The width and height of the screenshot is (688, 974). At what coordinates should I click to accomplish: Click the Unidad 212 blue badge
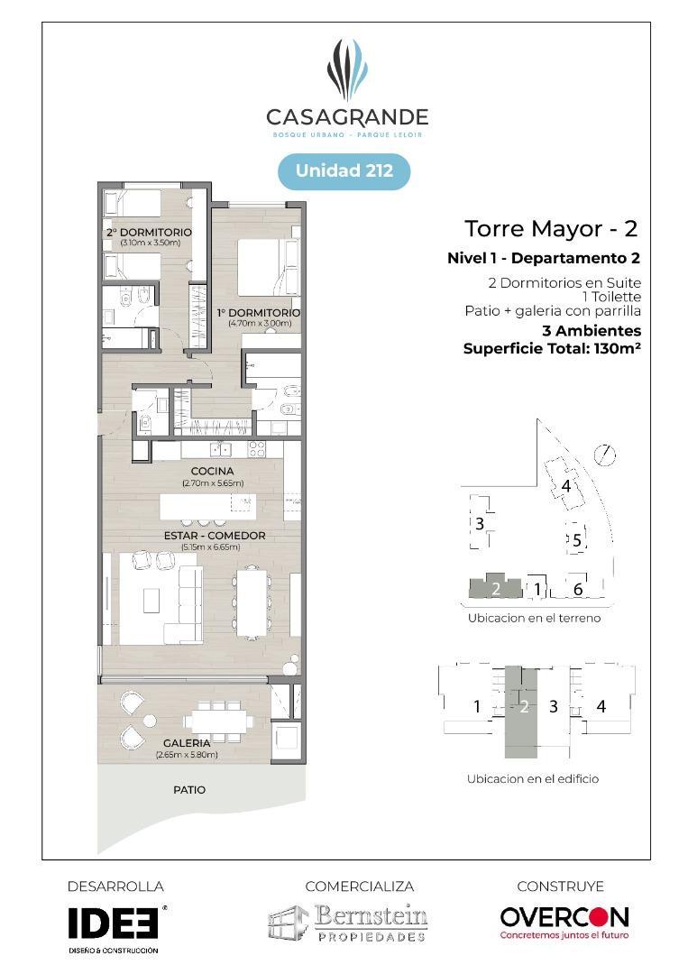pos(344,170)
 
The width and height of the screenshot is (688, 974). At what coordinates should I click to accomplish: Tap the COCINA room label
pos(213,472)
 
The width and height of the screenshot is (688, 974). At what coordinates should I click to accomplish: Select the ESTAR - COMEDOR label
pos(215,536)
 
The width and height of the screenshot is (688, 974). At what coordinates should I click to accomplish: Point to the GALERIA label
pos(187,743)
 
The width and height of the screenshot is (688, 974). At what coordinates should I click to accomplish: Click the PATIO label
pos(189,789)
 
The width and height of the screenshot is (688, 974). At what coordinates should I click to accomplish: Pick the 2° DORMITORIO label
pos(149,233)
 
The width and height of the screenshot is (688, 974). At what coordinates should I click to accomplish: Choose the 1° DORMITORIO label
pos(259,312)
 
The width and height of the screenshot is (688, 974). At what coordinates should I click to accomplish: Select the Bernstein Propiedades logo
pos(348,923)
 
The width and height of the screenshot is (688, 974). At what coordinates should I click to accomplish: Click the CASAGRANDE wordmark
pos(347,116)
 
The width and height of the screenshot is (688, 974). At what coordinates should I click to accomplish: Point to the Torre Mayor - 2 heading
pos(552,228)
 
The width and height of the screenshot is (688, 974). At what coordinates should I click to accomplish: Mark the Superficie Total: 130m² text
pos(552,348)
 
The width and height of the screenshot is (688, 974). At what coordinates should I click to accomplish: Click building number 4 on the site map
pos(565,486)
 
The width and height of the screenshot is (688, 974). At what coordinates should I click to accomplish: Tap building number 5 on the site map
pos(577,540)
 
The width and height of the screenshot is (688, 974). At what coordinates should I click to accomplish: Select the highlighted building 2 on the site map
pos(496,587)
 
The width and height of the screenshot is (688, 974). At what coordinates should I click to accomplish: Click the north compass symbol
pos(604,455)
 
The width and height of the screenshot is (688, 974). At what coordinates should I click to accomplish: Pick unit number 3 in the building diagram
pos(554,706)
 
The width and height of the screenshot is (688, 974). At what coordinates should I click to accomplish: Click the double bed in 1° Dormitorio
pos(269,269)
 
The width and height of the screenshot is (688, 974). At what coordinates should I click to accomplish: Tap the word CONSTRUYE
pos(560,887)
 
